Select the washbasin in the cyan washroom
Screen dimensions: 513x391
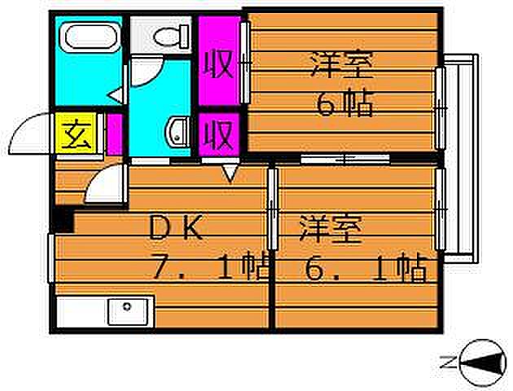pos(178,133)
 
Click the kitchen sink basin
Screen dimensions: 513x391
pos(128,311)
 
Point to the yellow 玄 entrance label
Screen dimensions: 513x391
pos(76,133)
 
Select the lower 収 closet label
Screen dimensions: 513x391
pos(218,134)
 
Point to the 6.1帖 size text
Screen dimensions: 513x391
pos(366,267)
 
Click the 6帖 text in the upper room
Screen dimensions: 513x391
pos(345,103)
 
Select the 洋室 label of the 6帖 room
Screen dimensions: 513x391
pos(342,64)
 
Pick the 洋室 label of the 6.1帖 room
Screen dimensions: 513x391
pos(331,228)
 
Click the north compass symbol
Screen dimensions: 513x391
pos(481,362)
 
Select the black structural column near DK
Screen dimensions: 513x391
pos(64,220)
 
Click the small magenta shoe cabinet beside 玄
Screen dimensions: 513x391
pos(115,134)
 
